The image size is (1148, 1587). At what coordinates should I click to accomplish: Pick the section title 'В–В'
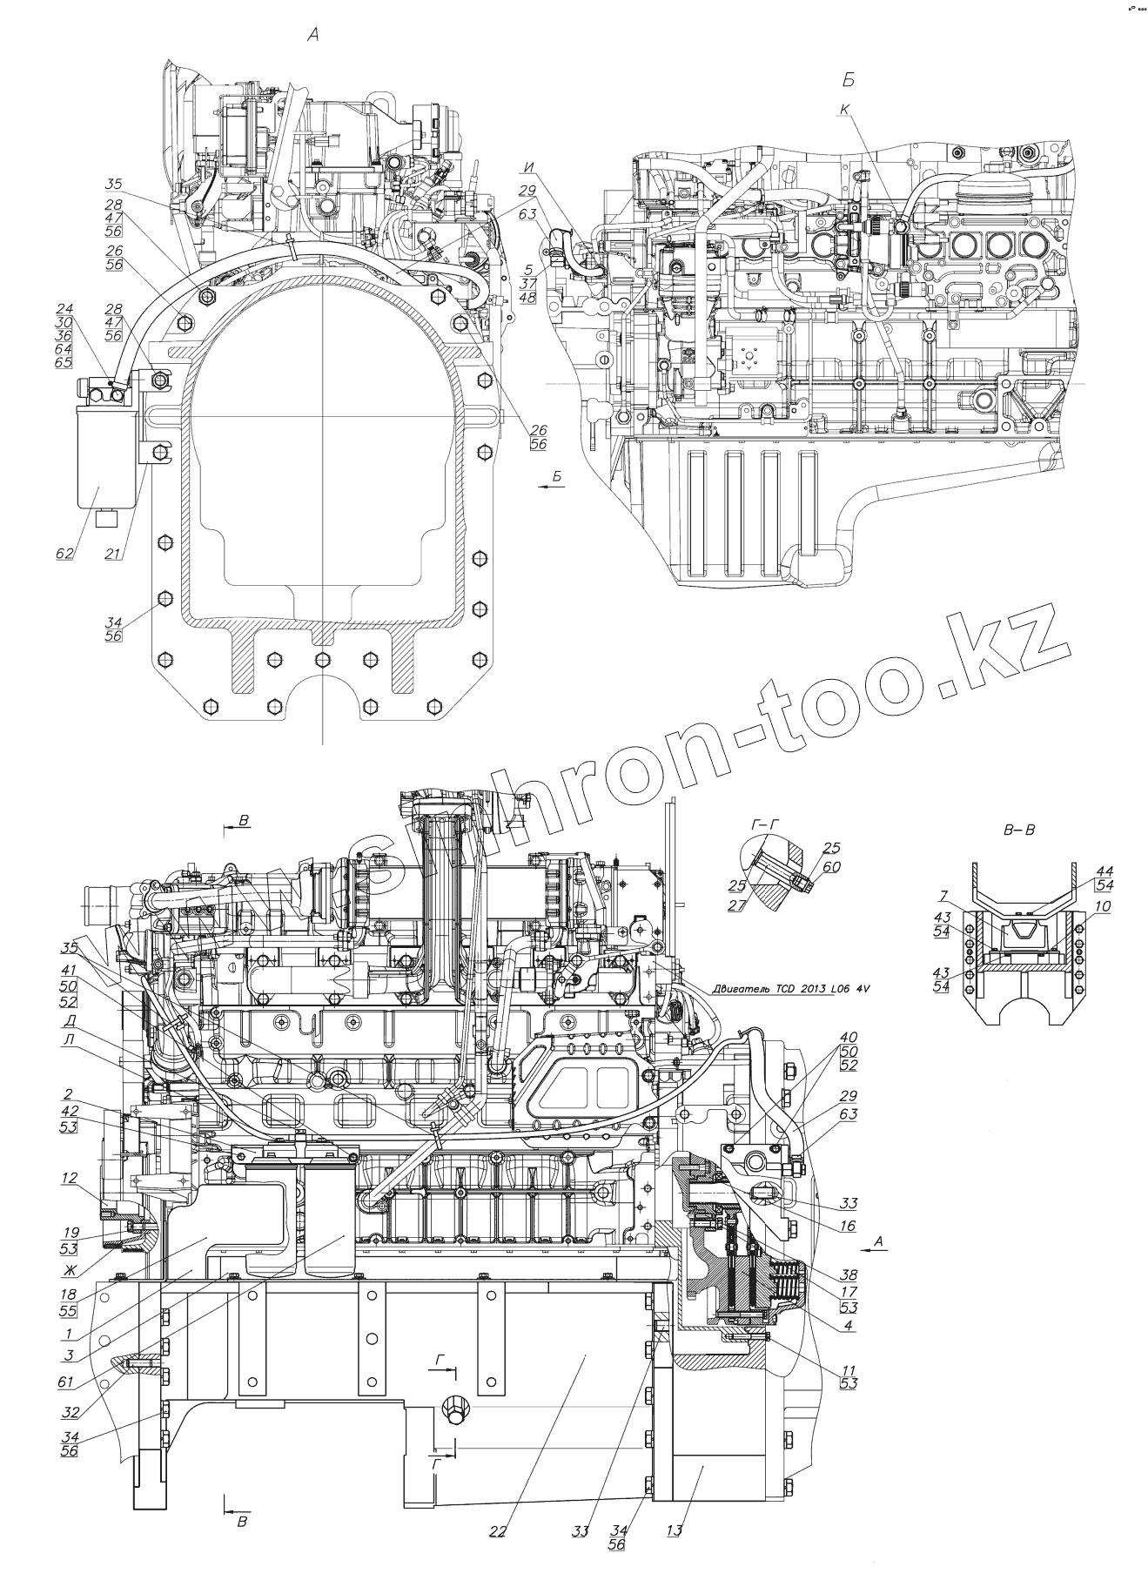coord(1019,830)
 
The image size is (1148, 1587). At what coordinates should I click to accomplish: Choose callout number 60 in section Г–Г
coord(833,867)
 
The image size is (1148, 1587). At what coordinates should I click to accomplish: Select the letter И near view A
coord(528,166)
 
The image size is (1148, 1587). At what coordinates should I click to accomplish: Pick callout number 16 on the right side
coord(849,1225)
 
